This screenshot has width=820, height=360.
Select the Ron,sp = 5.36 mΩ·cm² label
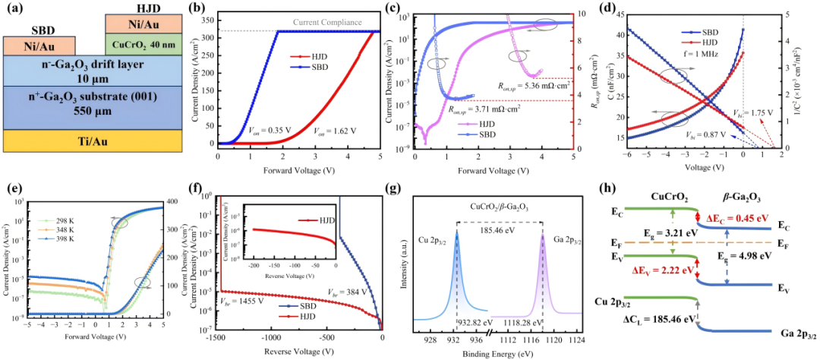point(516,86)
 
